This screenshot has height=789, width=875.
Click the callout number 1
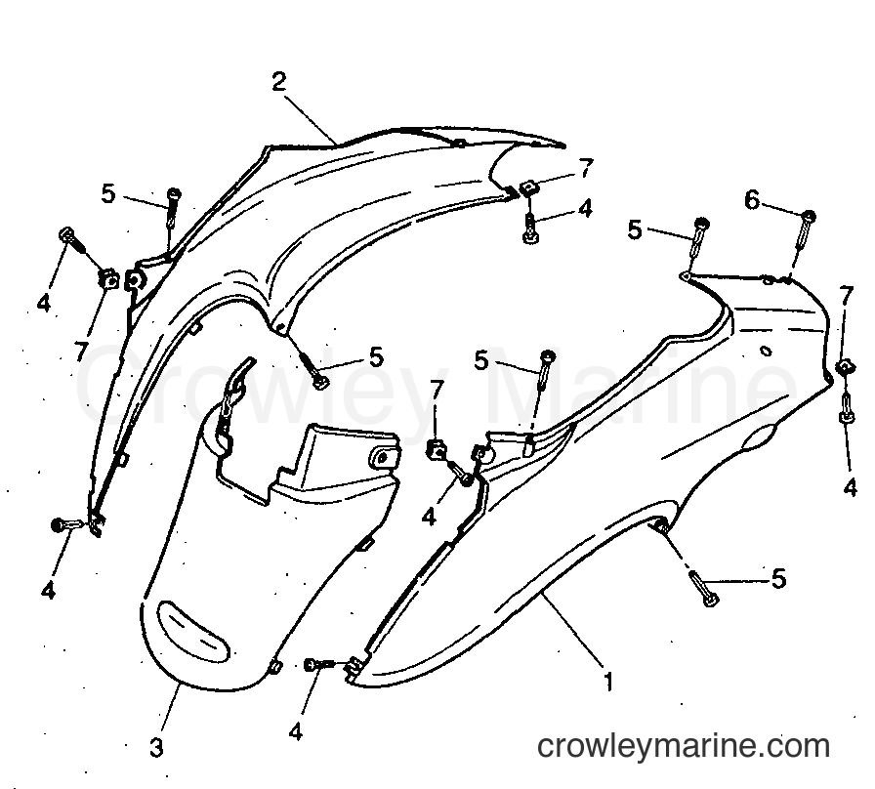[608, 681]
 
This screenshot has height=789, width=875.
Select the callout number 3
[157, 748]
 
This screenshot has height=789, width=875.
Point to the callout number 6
[752, 200]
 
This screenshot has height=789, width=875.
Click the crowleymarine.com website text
[684, 747]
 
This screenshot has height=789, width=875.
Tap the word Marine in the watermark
[642, 385]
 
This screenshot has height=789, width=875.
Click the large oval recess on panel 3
[192, 631]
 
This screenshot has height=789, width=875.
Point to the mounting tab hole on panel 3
[381, 459]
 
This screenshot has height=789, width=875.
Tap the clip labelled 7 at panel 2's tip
[528, 188]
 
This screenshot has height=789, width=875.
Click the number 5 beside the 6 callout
[635, 229]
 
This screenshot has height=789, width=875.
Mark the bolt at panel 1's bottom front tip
[319, 664]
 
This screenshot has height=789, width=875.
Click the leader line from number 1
[573, 631]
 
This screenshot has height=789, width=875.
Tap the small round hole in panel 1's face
[766, 351]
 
